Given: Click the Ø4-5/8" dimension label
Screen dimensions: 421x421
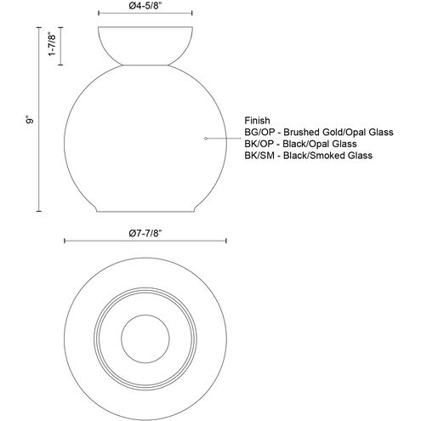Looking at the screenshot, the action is coord(145,6).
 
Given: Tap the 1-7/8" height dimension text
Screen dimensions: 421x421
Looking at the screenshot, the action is coord(53,45).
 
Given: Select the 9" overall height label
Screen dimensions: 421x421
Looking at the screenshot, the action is coord(30,120).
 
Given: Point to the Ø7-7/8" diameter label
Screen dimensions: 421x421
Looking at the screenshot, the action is coord(145,233).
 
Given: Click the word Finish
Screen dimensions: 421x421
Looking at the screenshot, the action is coord(257,121).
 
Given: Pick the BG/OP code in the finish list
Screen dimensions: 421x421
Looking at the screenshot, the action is coord(259,132).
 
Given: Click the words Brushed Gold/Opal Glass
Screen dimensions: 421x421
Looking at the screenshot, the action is coord(339,132).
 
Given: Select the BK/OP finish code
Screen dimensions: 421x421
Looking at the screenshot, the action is coord(259,144).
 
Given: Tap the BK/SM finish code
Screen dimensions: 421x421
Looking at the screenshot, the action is coord(259,156).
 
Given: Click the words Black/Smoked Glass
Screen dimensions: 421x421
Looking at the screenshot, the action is coord(328,156).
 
